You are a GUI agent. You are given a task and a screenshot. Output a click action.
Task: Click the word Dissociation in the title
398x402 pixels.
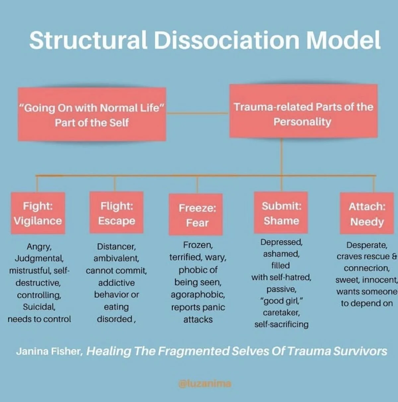coord(226,40)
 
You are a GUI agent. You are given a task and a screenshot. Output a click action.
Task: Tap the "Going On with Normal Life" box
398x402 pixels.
coord(92,115)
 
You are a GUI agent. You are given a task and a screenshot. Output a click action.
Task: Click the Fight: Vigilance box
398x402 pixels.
coord(38,213)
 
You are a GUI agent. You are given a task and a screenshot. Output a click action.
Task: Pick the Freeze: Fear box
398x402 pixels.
coord(197,215)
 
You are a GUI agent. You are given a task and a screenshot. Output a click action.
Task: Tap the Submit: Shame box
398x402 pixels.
coord(281,213)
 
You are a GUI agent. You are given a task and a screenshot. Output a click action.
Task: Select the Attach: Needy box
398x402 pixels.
coord(367,214)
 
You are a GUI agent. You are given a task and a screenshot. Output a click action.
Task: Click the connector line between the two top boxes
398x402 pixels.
coord(198,113)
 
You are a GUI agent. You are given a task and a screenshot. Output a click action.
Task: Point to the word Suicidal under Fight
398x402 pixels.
coord(39,307)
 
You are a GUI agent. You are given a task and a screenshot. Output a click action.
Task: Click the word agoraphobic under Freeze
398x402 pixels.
coord(198,294)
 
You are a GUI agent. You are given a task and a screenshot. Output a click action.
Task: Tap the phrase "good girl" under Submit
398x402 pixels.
coord(281,301)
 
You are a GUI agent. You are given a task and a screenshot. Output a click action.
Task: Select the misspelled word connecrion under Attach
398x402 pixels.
coord(366,268)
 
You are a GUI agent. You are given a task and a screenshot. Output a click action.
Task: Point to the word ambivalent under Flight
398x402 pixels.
coord(116,258)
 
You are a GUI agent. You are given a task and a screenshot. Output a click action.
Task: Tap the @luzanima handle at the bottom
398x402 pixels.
coord(205,383)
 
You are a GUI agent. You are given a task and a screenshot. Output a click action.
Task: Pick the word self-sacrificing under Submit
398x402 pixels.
coord(281,324)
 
